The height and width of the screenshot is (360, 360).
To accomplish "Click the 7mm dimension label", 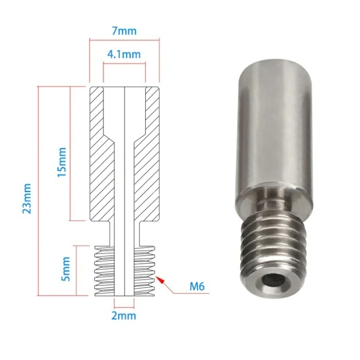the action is pyautogui.click(x=124, y=31).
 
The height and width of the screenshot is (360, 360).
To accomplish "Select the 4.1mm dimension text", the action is pyautogui.click(x=124, y=54).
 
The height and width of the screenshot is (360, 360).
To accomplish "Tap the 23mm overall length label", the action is pyautogui.click(x=27, y=198).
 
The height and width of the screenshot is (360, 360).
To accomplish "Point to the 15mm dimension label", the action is pyautogui.click(x=62, y=162).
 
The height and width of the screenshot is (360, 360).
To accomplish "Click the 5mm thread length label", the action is pyautogui.click(x=65, y=269).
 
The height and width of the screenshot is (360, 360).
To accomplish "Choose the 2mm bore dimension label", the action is pyautogui.click(x=124, y=316).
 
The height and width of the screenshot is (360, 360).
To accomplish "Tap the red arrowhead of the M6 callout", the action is pyautogui.click(x=160, y=280).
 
